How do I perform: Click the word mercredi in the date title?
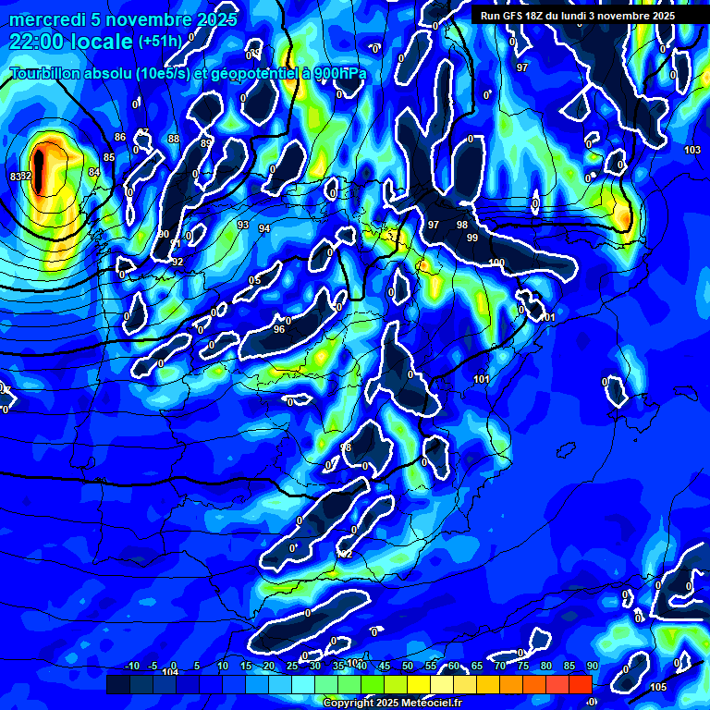(47, 19)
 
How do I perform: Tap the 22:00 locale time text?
(71, 42)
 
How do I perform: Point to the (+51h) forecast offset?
(160, 42)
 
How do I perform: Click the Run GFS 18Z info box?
(577, 16)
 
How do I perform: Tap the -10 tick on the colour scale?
(131, 667)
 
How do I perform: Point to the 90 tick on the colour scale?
(592, 667)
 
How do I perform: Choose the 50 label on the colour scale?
(408, 667)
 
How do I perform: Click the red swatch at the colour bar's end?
(580, 684)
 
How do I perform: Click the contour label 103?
(692, 150)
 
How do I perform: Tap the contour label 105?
(658, 687)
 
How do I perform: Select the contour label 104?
(170, 672)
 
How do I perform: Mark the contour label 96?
(279, 328)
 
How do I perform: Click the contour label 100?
(497, 263)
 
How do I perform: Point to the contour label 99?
(472, 239)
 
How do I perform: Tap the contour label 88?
(174, 140)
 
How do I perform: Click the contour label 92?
(177, 262)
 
